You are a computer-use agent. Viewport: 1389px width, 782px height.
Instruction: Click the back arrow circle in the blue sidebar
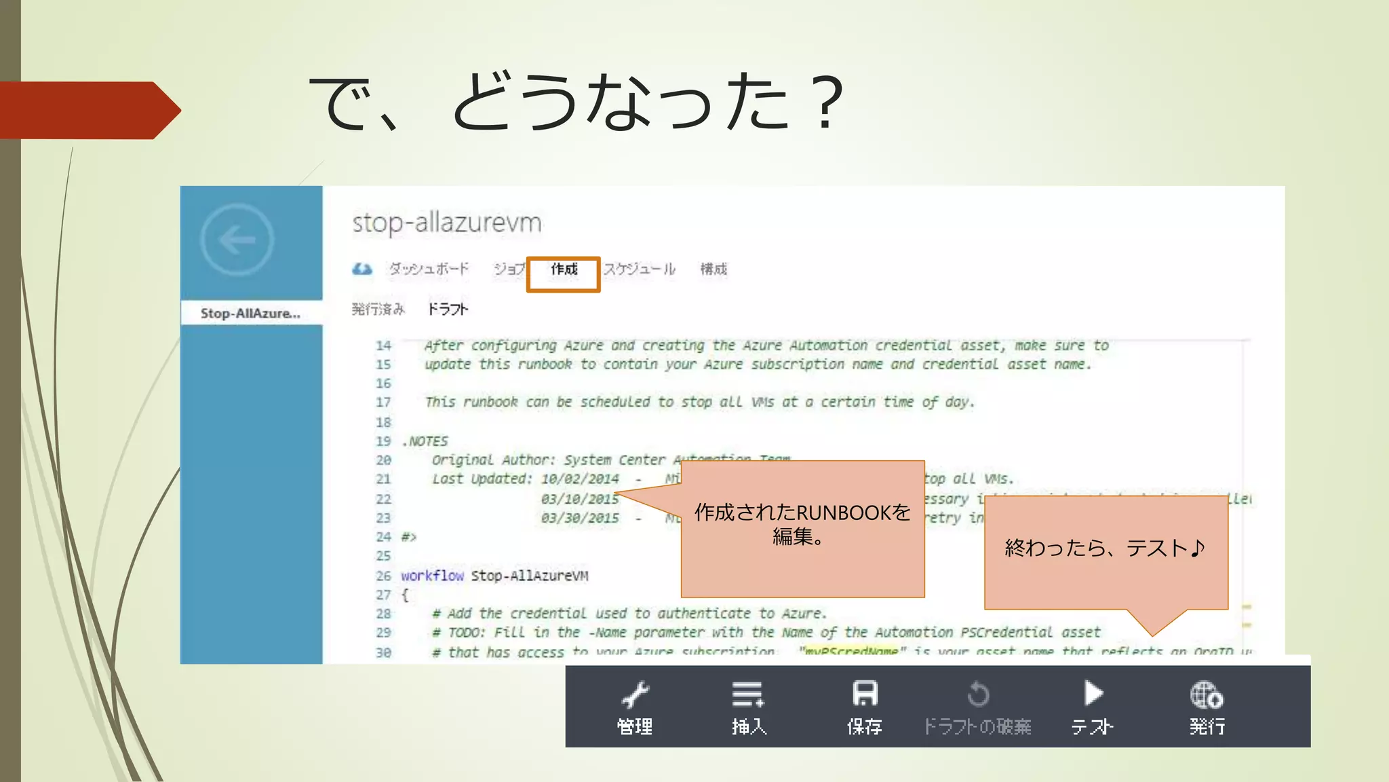pyautogui.click(x=237, y=240)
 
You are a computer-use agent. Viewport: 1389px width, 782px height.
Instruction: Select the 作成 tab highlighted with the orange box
pyautogui.click(x=564, y=270)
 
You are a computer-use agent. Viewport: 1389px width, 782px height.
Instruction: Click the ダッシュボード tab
pyautogui.click(x=429, y=269)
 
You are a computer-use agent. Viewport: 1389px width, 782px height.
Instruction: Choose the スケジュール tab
pyautogui.click(x=640, y=269)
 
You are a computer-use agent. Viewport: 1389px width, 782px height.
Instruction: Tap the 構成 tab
pyautogui.click(x=713, y=269)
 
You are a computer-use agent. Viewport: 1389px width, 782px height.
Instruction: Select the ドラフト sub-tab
pyautogui.click(x=448, y=310)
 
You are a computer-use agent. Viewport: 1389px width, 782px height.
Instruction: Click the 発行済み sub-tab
pyautogui.click(x=378, y=310)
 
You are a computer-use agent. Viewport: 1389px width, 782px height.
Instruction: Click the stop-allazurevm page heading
pyautogui.click(x=447, y=223)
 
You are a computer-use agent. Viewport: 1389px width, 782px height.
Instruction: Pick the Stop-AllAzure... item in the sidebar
pyautogui.click(x=250, y=313)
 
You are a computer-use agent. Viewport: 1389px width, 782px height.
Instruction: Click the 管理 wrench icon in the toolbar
pyautogui.click(x=635, y=695)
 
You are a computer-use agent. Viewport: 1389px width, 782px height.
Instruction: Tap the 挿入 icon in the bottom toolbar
pyautogui.click(x=748, y=695)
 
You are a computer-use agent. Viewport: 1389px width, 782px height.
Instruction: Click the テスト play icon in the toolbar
pyautogui.click(x=1093, y=694)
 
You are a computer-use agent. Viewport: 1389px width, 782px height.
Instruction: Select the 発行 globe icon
pyautogui.click(x=1207, y=695)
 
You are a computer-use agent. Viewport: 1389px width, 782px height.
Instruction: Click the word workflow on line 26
pyautogui.click(x=432, y=576)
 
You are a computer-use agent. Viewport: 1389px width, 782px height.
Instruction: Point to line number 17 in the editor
pyautogui.click(x=383, y=403)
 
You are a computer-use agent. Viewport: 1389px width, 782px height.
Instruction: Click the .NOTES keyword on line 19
pyautogui.click(x=425, y=441)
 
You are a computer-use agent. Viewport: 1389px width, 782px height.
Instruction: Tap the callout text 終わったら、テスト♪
pyautogui.click(x=1105, y=548)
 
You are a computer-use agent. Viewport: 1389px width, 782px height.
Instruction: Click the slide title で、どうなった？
pyautogui.click(x=577, y=102)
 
